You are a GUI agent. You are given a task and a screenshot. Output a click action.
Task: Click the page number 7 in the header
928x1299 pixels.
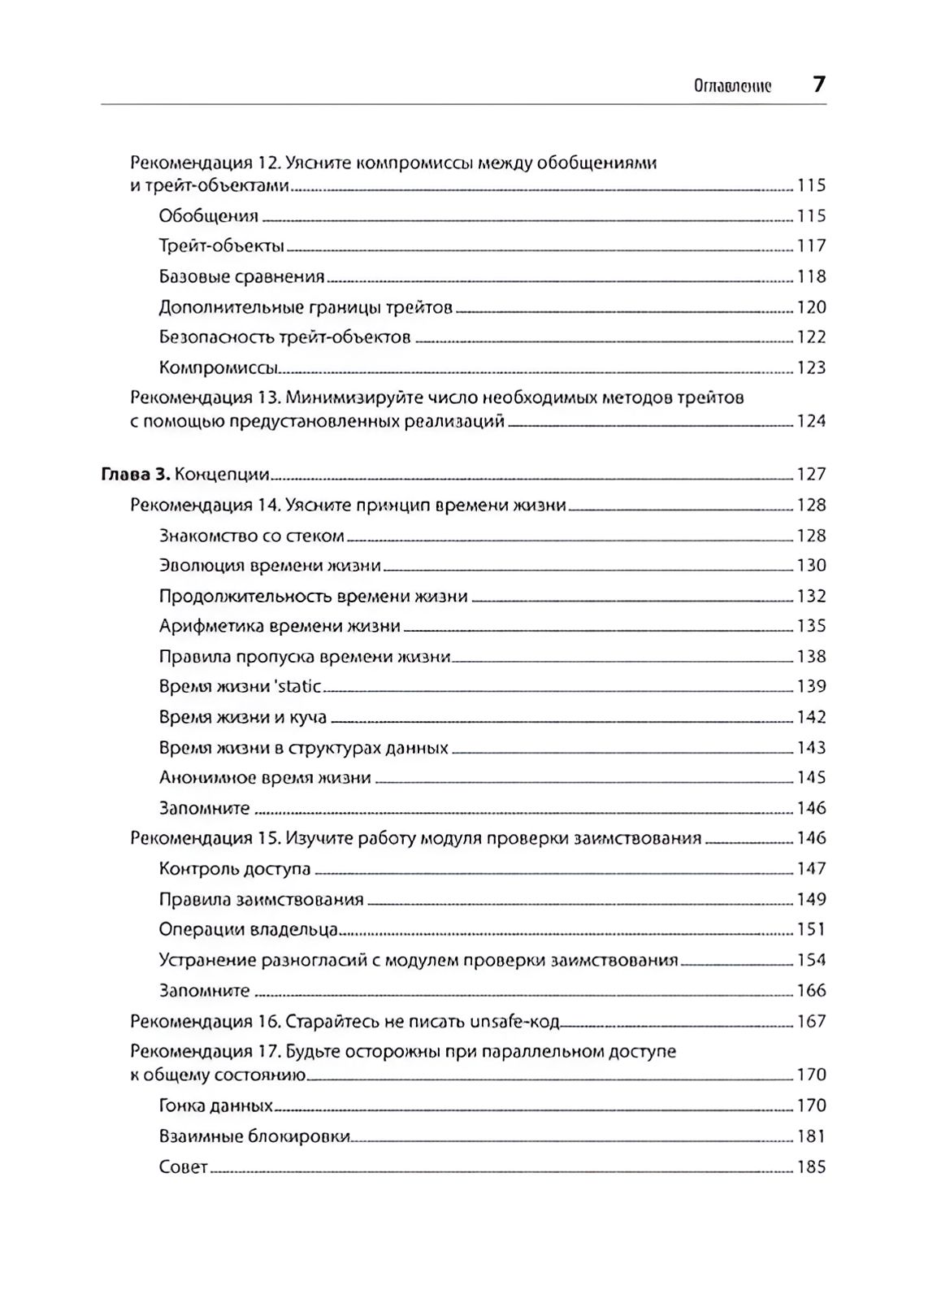click(818, 85)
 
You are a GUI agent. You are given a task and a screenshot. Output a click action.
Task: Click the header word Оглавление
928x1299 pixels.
click(732, 87)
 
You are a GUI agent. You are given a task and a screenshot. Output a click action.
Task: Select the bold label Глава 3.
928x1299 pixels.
click(135, 475)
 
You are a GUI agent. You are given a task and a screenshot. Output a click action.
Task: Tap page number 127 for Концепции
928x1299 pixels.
click(811, 475)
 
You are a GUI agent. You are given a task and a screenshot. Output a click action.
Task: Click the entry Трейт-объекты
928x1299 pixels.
click(221, 246)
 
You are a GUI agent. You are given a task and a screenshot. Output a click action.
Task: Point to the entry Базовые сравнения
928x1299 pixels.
click(241, 277)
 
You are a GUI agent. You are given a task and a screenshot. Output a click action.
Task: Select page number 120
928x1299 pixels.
click(811, 307)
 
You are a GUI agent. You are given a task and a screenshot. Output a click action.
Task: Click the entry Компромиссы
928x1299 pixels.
click(219, 368)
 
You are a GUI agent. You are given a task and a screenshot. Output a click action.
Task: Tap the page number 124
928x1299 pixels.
click(811, 421)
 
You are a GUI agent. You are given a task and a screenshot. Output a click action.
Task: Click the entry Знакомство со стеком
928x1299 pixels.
click(252, 537)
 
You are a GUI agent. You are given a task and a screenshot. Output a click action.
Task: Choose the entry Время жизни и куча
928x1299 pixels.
click(243, 718)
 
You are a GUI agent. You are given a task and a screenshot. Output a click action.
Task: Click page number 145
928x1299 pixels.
click(811, 778)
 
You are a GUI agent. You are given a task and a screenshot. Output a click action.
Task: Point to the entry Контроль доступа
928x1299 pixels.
click(235, 869)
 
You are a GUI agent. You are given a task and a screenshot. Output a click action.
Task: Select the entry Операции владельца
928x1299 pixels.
click(249, 930)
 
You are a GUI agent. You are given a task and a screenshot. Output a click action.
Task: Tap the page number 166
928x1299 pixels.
click(811, 991)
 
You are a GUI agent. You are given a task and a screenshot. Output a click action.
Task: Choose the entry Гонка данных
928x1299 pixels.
click(215, 1106)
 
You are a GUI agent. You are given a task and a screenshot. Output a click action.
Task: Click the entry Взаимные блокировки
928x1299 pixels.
click(254, 1136)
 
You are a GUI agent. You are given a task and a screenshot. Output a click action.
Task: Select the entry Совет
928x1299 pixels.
click(184, 1168)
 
